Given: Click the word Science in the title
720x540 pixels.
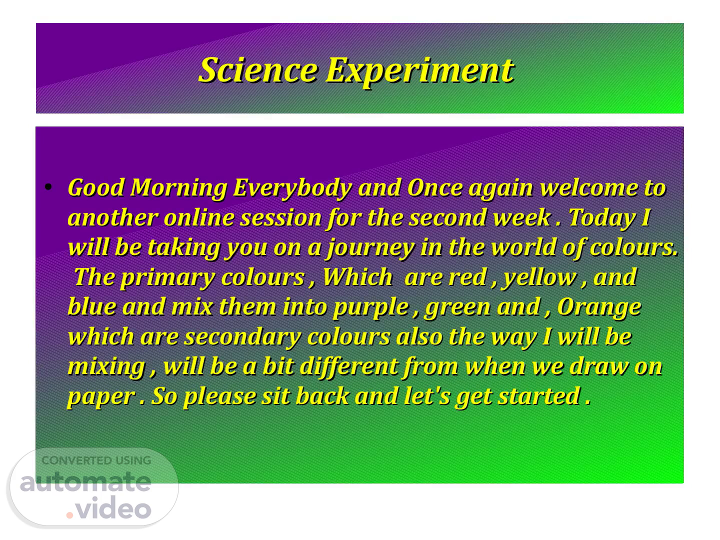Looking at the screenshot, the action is (258, 70).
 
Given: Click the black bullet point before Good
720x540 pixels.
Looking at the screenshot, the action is (48, 187).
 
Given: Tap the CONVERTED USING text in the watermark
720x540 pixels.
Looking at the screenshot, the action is (96, 460).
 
